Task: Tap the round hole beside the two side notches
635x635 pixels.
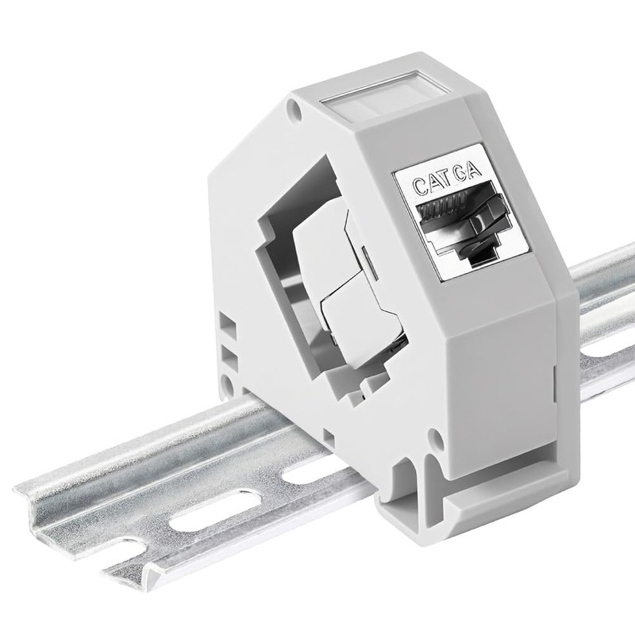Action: pos(228,387)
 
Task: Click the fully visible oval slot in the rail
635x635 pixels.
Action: pos(196,525)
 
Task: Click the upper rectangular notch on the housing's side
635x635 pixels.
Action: pos(229,325)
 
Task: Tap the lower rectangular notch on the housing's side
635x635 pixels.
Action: pos(229,353)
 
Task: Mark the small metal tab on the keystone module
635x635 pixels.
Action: pos(363,255)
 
